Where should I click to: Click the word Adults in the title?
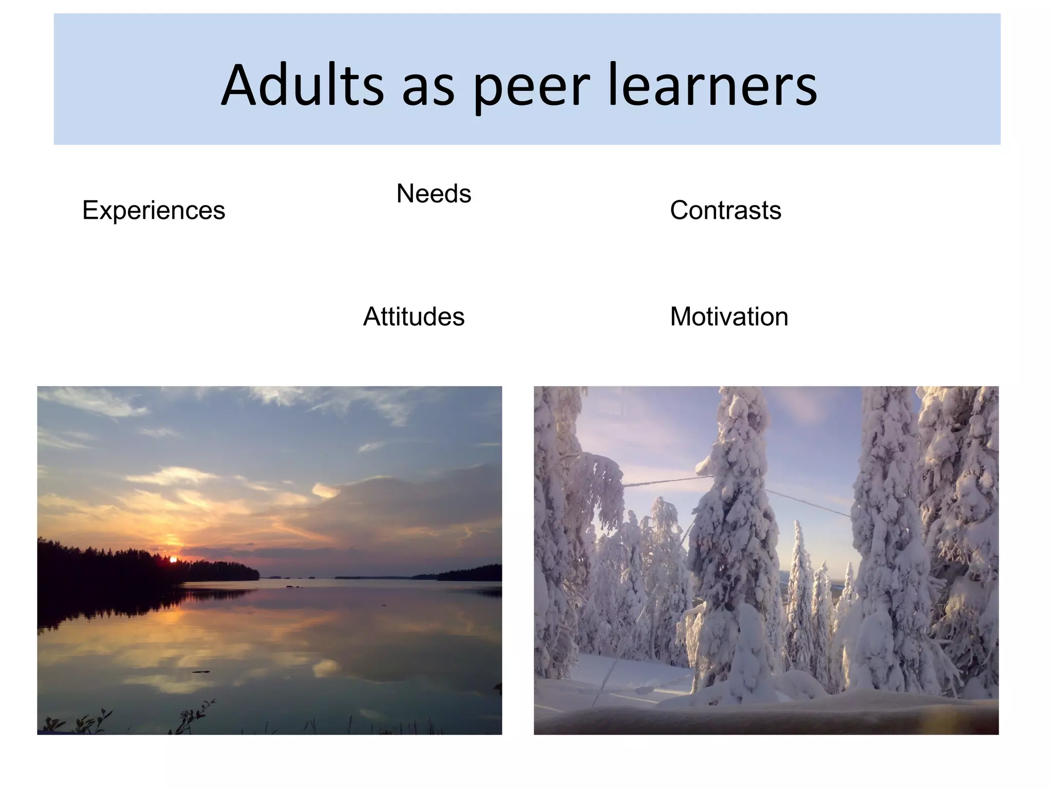tap(303, 85)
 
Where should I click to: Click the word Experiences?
tap(154, 211)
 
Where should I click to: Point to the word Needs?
tap(434, 194)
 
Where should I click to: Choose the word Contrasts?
tap(725, 211)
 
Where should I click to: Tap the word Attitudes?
tap(414, 317)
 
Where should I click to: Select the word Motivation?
tap(729, 317)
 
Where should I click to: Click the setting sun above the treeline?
tap(173, 559)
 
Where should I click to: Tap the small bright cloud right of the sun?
tap(325, 491)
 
